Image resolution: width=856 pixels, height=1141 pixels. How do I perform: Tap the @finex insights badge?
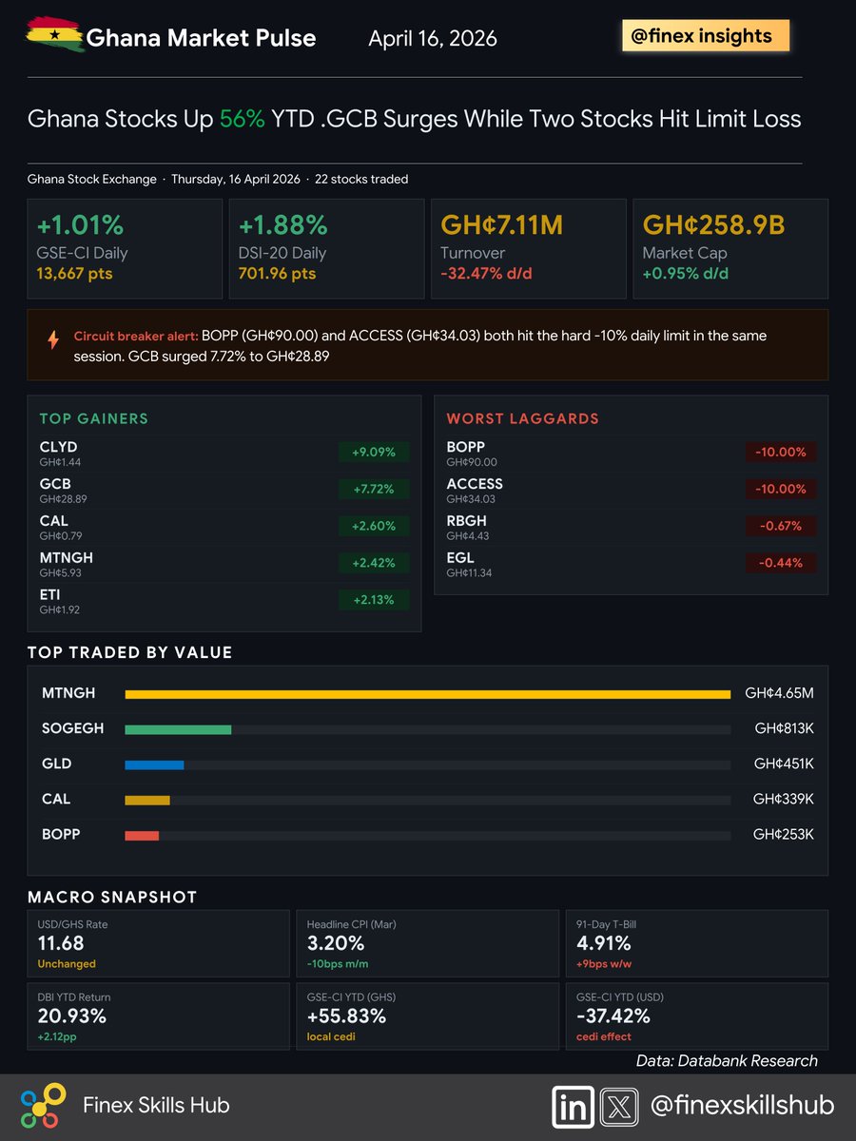703,36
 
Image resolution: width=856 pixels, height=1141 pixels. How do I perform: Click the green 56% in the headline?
242,119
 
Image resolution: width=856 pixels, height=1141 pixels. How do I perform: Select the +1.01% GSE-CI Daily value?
80,225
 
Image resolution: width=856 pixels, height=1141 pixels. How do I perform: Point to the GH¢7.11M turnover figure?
501,225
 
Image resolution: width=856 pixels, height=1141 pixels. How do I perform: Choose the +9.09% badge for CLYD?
373,452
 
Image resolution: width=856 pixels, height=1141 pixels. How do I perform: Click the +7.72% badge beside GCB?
373,489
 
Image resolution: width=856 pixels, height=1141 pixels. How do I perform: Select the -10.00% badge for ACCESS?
780,489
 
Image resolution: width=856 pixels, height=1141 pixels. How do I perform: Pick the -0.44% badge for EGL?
780,563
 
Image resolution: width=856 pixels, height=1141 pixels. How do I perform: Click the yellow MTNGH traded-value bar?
427,694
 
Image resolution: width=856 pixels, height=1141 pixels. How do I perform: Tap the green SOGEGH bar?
178,729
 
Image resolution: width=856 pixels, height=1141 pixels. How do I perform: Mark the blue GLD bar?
154,764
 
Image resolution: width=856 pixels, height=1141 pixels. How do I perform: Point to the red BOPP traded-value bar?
142,835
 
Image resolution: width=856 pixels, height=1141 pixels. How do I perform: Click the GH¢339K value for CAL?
783,799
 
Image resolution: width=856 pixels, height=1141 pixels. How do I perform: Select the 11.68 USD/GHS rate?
61,943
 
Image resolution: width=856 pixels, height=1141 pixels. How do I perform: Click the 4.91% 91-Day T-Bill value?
603,943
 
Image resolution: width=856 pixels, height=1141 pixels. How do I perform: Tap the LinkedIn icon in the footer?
573,1107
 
